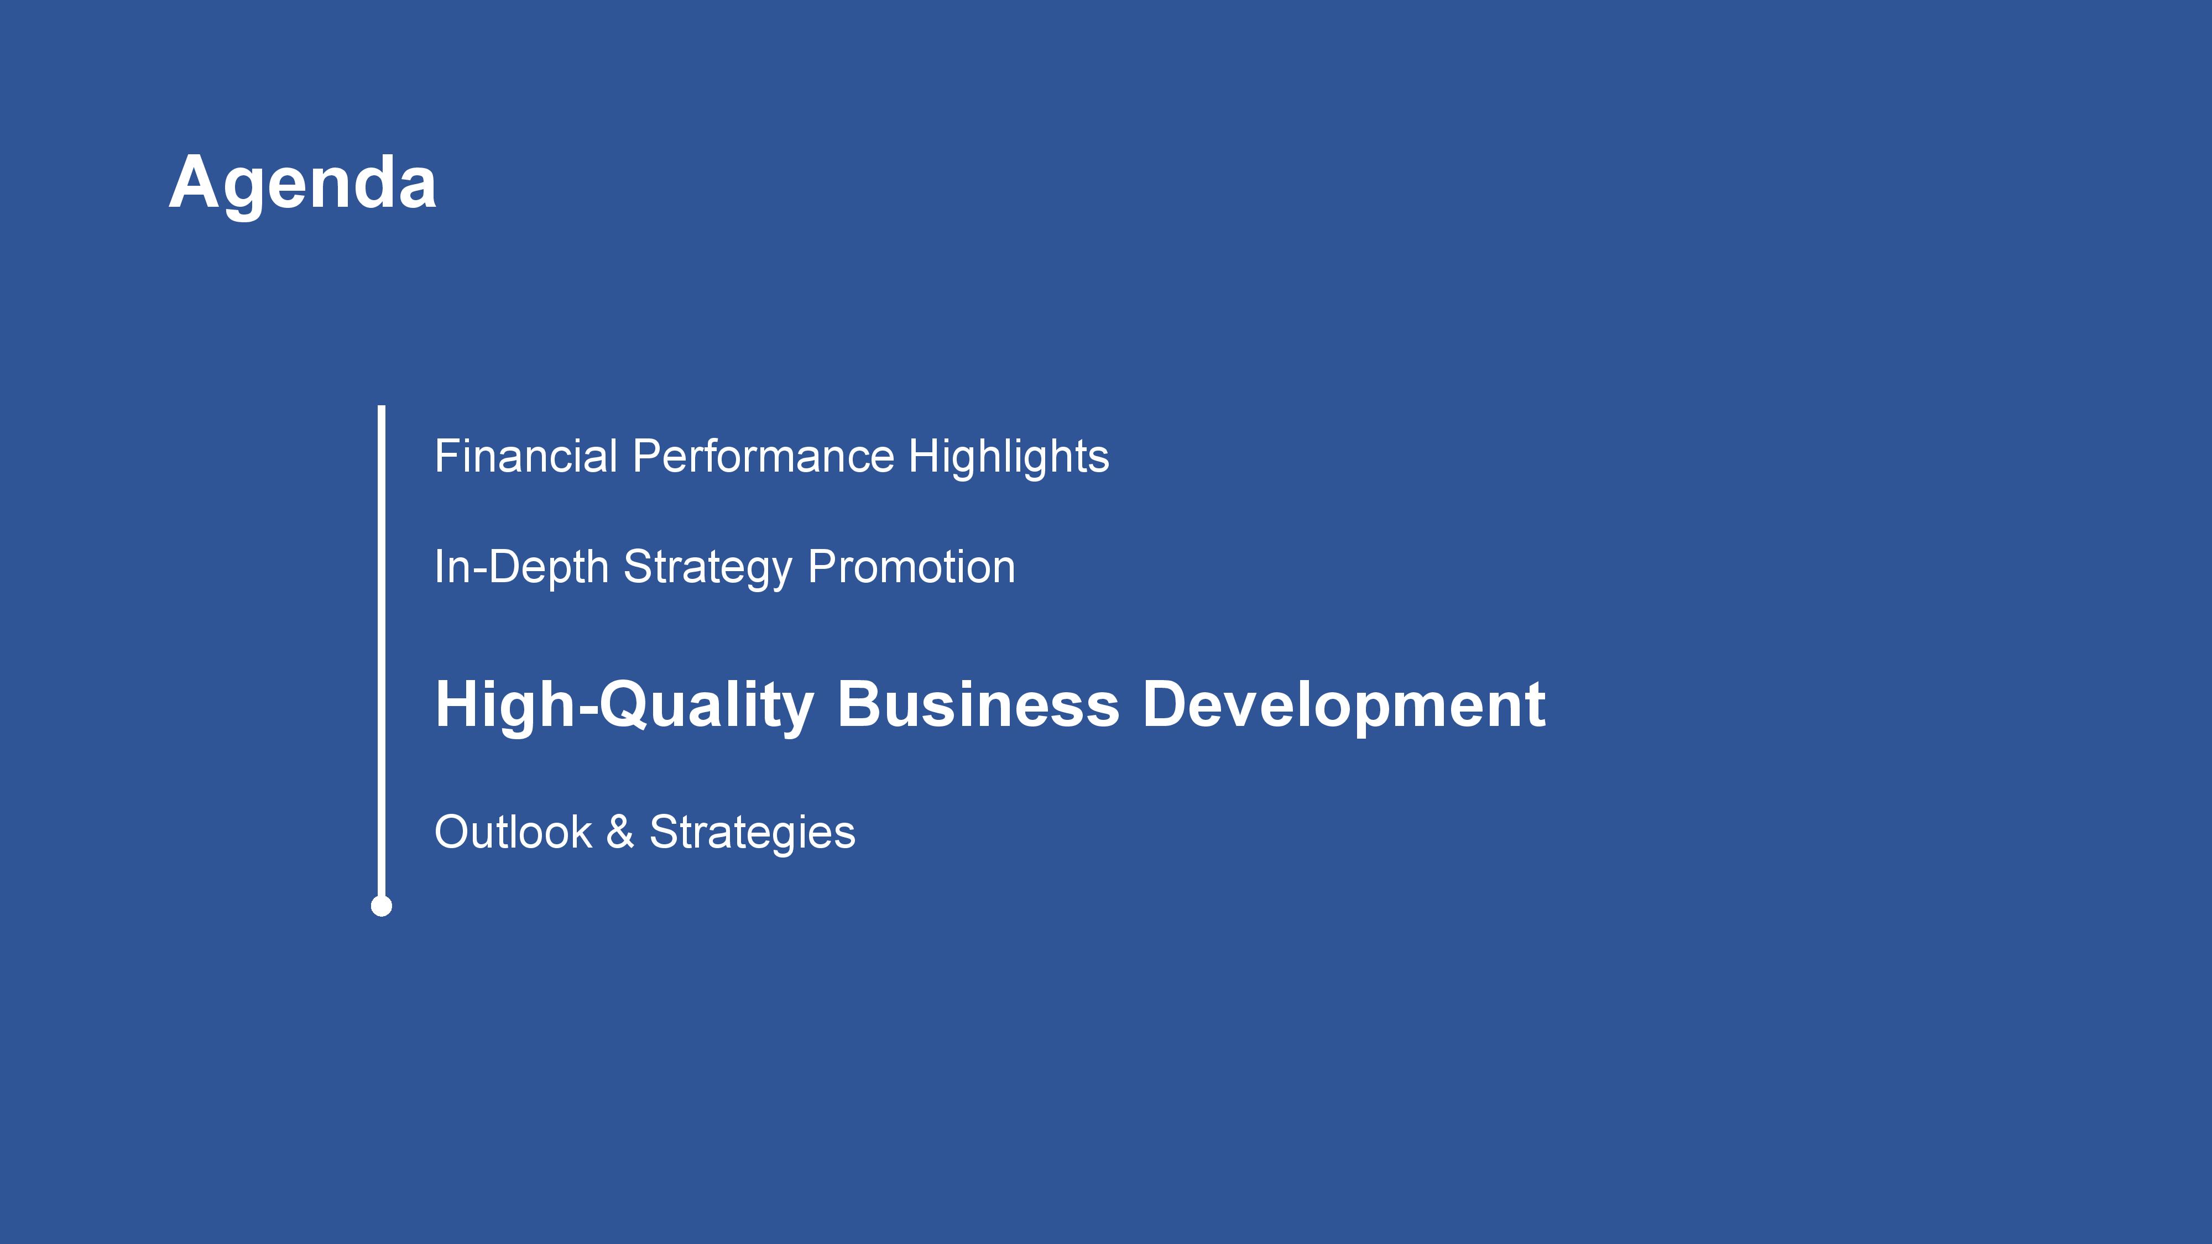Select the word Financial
pyautogui.click(x=525, y=456)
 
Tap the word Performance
pyautogui.click(x=763, y=456)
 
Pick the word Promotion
pyautogui.click(x=911, y=567)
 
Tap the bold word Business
pyautogui.click(x=978, y=704)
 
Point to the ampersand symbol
pyautogui.click(x=620, y=832)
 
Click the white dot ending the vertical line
pyautogui.click(x=381, y=906)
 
